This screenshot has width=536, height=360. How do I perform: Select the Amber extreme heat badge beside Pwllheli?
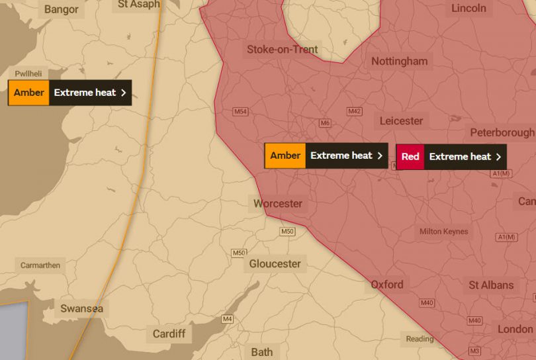(x=69, y=93)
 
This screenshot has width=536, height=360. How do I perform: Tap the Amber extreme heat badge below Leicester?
(x=326, y=156)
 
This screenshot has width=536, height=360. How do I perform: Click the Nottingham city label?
(x=399, y=62)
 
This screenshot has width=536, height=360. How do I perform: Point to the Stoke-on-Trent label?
(x=283, y=50)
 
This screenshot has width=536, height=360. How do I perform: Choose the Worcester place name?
(x=278, y=203)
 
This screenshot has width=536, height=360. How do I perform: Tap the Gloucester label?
(x=275, y=264)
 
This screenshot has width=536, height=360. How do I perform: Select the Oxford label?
(x=386, y=285)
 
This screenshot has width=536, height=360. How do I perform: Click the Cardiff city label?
(x=169, y=334)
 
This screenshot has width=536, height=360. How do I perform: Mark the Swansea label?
(x=82, y=308)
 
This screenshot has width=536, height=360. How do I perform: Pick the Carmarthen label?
(x=40, y=265)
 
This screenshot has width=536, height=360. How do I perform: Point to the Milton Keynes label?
(x=443, y=232)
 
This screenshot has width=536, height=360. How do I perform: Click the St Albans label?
(x=491, y=285)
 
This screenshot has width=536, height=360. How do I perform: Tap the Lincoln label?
(x=469, y=9)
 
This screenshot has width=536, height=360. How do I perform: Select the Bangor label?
(x=61, y=9)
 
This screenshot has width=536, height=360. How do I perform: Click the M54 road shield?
(x=240, y=112)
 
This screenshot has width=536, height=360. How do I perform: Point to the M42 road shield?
(x=355, y=111)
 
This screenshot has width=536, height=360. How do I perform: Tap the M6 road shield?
(x=325, y=123)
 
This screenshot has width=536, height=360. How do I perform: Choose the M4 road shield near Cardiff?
(x=228, y=320)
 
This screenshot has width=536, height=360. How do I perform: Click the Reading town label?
(x=420, y=339)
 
